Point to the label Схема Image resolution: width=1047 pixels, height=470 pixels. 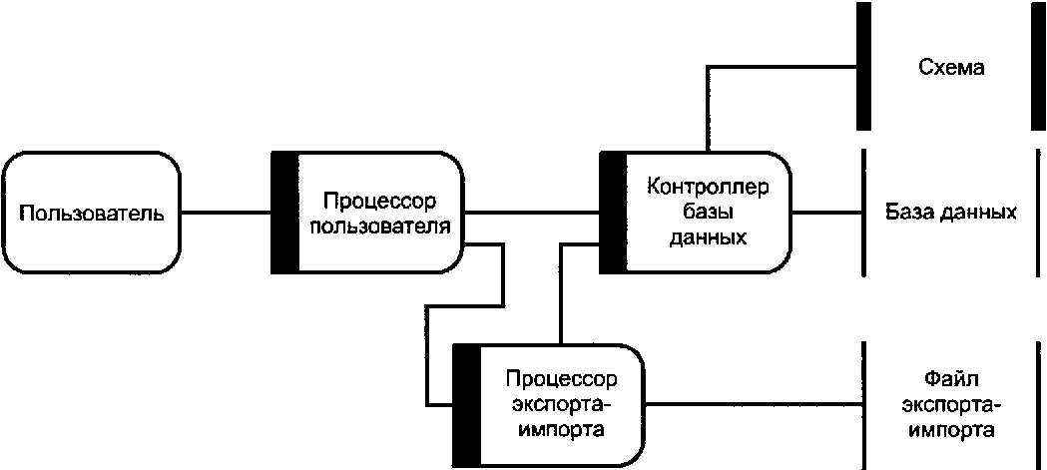coord(949,68)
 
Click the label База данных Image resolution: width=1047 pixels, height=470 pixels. coord(950,213)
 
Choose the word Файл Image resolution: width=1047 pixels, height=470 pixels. coord(949,380)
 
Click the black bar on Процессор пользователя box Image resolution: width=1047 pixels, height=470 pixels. coord(284,213)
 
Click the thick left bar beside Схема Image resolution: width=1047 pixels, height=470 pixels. coord(863,65)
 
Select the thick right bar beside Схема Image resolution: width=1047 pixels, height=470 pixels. coord(1038,65)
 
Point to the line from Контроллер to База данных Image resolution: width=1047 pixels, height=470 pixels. coord(825,213)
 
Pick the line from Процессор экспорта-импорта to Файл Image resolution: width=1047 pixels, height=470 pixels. coord(749,404)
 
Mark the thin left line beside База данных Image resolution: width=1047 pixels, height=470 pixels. coord(862,213)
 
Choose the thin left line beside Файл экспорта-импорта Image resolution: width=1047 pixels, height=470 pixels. coord(862,404)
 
